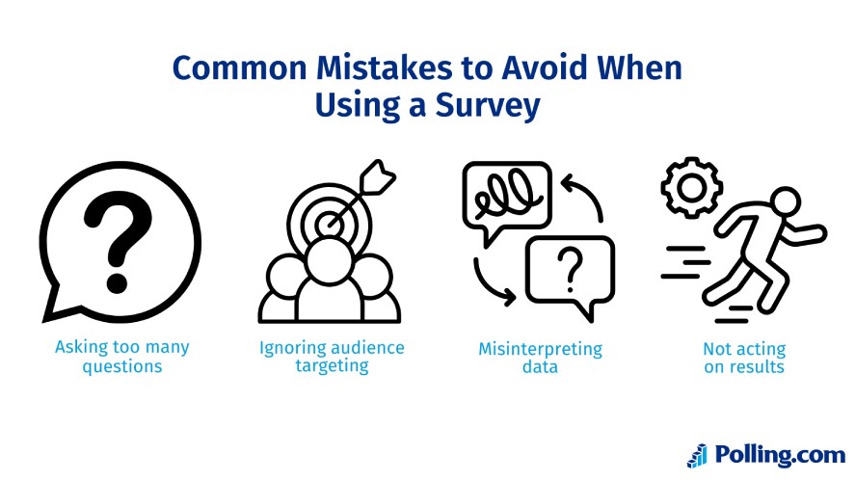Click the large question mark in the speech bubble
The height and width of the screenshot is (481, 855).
pos(119,231)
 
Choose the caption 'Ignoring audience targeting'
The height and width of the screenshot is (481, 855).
pos(332,358)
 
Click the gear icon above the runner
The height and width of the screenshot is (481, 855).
pos(689,185)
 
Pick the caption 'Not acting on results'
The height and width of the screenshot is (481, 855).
pos(744,358)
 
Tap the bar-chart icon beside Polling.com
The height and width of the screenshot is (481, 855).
pos(697,455)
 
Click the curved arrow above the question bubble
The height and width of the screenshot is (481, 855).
pos(583,195)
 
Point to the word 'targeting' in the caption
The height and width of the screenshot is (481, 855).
pos(332,366)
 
